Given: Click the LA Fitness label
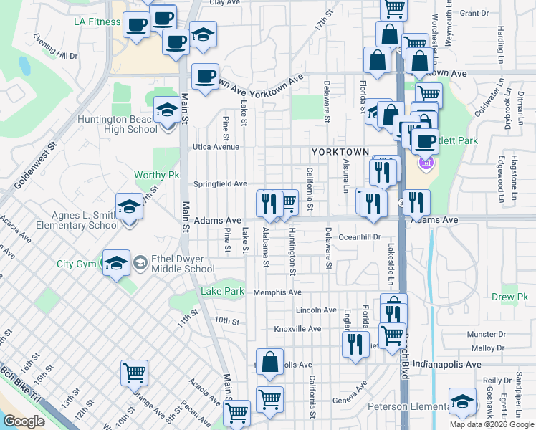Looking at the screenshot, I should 97,21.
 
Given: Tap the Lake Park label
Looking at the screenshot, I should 223,292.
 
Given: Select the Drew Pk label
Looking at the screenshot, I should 509,297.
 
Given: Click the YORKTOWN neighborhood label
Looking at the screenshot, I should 340,153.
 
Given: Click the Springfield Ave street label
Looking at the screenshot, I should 219,184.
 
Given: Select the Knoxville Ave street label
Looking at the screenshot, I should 297,329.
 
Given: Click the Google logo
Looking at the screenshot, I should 24,421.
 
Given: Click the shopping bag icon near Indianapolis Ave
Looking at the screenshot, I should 269,362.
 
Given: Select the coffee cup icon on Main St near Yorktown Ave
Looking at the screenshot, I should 205,77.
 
